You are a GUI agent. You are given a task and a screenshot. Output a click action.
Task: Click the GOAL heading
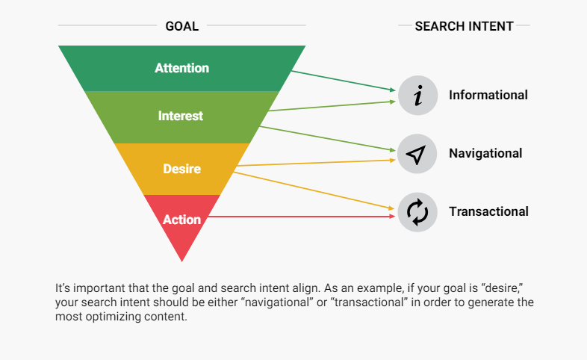(182, 26)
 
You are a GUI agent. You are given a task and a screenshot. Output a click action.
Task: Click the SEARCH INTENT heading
(464, 26)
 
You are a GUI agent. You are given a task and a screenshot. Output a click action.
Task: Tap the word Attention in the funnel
(182, 68)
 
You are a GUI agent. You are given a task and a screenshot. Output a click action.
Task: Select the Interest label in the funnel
(181, 116)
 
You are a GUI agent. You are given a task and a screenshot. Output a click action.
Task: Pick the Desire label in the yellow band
(182, 169)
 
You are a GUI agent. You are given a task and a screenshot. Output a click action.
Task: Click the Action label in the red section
(182, 220)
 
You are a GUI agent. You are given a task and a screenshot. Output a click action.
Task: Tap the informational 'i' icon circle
(417, 96)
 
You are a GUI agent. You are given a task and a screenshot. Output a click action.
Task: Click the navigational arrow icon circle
(417, 154)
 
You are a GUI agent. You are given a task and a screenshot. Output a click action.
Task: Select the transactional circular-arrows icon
(417, 212)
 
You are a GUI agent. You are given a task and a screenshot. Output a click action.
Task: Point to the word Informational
(488, 95)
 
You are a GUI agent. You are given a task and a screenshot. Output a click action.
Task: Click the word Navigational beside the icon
(485, 153)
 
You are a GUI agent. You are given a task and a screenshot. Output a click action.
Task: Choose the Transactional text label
(488, 212)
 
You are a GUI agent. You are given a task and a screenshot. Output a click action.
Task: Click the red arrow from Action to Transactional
(302, 217)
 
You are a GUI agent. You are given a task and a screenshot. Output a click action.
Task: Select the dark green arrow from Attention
(344, 81)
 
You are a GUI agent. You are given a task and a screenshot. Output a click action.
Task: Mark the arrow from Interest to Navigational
(328, 139)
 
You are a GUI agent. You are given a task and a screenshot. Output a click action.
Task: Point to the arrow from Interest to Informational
(332, 106)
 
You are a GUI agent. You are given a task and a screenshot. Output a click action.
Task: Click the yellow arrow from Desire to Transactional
(314, 191)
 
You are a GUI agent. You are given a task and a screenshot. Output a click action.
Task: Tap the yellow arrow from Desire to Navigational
(317, 163)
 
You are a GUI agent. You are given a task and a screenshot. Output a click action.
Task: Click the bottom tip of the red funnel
(182, 261)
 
